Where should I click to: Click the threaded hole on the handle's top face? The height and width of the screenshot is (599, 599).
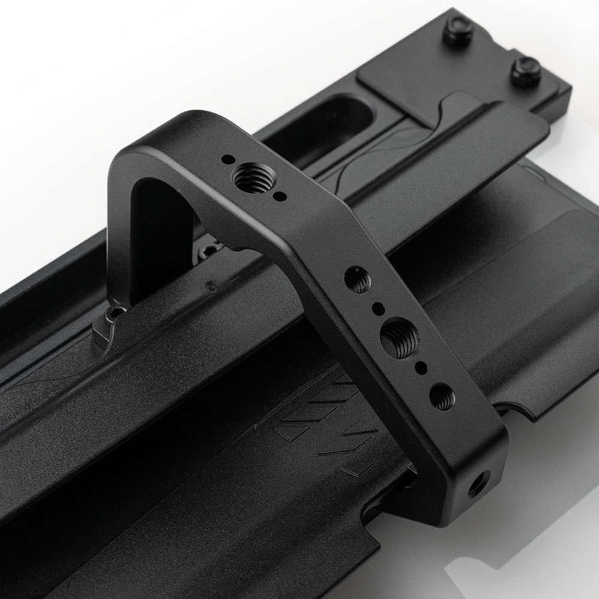[x=251, y=178]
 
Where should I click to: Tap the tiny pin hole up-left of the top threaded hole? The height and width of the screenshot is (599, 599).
[x=228, y=160]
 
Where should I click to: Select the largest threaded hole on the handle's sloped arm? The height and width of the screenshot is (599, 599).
[x=400, y=335]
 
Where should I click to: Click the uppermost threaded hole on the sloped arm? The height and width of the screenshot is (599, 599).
[x=358, y=279]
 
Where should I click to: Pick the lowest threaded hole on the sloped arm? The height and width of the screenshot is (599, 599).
[x=442, y=397]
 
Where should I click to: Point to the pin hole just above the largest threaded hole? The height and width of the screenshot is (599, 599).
[x=378, y=309]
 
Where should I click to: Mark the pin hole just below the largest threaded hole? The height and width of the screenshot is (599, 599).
[x=421, y=366]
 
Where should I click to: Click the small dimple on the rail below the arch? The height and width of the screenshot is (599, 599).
[x=211, y=287]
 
